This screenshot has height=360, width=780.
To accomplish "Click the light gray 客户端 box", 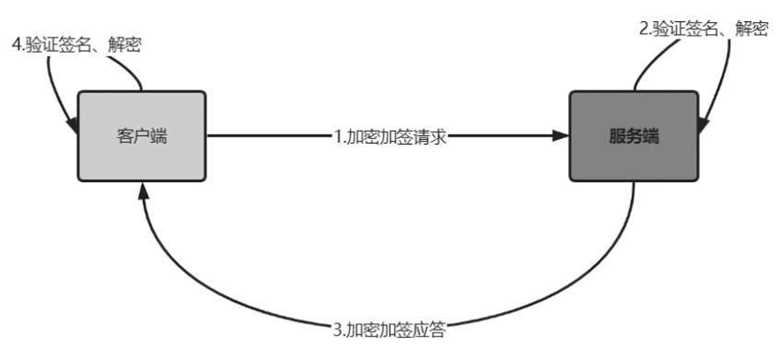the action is pos(142,136).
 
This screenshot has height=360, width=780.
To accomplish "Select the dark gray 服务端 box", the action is pos(634,136).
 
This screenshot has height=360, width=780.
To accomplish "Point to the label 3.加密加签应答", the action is pos(388,330).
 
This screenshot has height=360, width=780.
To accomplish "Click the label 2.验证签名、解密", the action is pos(704,29).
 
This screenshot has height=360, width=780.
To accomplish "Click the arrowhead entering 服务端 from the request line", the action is pos(561,136).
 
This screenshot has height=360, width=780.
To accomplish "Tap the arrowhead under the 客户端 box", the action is pos(143,190).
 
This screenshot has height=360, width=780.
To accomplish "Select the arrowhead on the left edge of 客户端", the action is pos(72,125).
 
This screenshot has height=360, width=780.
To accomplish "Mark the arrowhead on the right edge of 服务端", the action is pos(703,125).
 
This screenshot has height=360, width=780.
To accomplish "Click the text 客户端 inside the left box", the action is pos(142,137).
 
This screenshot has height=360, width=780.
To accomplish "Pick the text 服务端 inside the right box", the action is pos(634,137).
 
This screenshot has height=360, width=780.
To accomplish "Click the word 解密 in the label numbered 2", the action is pos(752,29).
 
